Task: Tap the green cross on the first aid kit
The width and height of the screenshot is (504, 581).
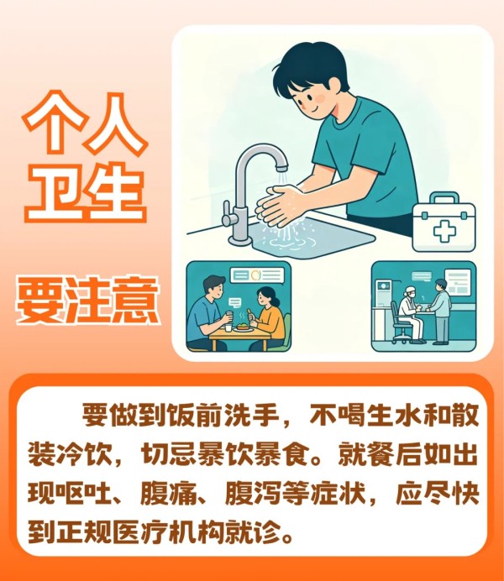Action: click(444, 231)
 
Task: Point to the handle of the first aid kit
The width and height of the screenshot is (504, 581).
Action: click(444, 197)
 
